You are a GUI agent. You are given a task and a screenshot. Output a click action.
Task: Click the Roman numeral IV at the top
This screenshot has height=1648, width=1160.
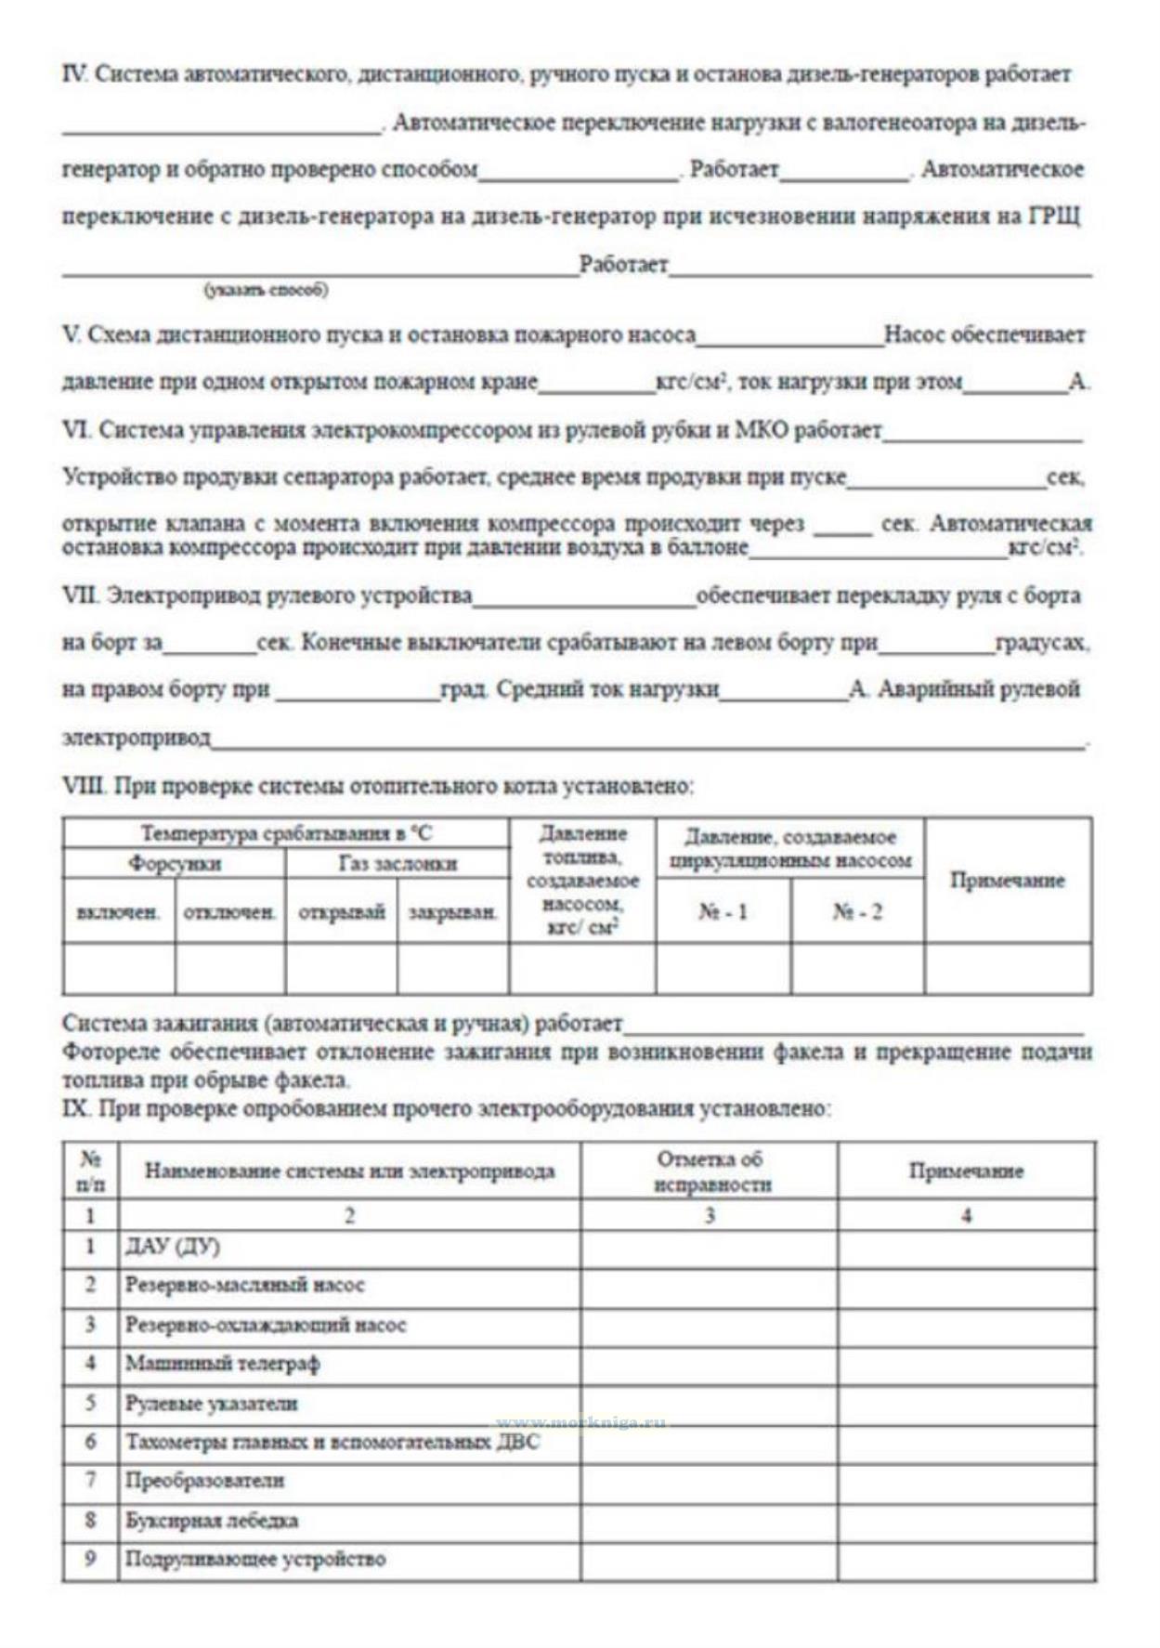coord(74,74)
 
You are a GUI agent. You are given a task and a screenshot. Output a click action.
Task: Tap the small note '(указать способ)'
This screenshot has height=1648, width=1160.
coord(267,290)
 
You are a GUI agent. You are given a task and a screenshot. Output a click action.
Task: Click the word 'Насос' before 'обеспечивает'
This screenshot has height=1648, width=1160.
coord(915,334)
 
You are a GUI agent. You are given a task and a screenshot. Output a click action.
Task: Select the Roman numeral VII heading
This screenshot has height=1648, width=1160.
coord(80,595)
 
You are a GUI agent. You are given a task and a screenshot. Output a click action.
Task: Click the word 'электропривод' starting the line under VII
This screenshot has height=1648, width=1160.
coord(136,738)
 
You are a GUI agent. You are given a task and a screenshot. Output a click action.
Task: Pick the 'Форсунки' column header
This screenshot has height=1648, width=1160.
coord(175,864)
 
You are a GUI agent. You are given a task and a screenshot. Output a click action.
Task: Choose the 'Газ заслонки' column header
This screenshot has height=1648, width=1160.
coord(398,864)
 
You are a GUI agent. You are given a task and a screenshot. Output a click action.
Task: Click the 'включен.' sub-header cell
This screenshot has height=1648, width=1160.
coord(119,912)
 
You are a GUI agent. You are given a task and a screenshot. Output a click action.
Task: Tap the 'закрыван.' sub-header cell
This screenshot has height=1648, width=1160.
coord(453,912)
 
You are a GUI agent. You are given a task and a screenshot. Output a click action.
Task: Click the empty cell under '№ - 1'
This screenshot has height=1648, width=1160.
coord(723,969)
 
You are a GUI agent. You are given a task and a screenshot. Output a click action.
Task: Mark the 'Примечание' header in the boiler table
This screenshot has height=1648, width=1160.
coord(1007,880)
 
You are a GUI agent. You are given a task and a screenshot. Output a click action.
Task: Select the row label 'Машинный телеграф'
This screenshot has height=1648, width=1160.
coord(223,1364)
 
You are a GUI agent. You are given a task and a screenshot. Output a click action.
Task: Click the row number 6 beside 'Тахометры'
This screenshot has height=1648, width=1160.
coord(90,1442)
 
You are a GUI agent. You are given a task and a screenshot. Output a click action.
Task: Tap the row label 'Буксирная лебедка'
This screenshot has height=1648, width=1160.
coord(212,1520)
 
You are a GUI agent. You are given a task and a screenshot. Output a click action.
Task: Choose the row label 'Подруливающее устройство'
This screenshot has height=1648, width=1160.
coord(255,1559)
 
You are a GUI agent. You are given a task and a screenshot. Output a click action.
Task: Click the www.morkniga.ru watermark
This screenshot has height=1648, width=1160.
coord(581,1423)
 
